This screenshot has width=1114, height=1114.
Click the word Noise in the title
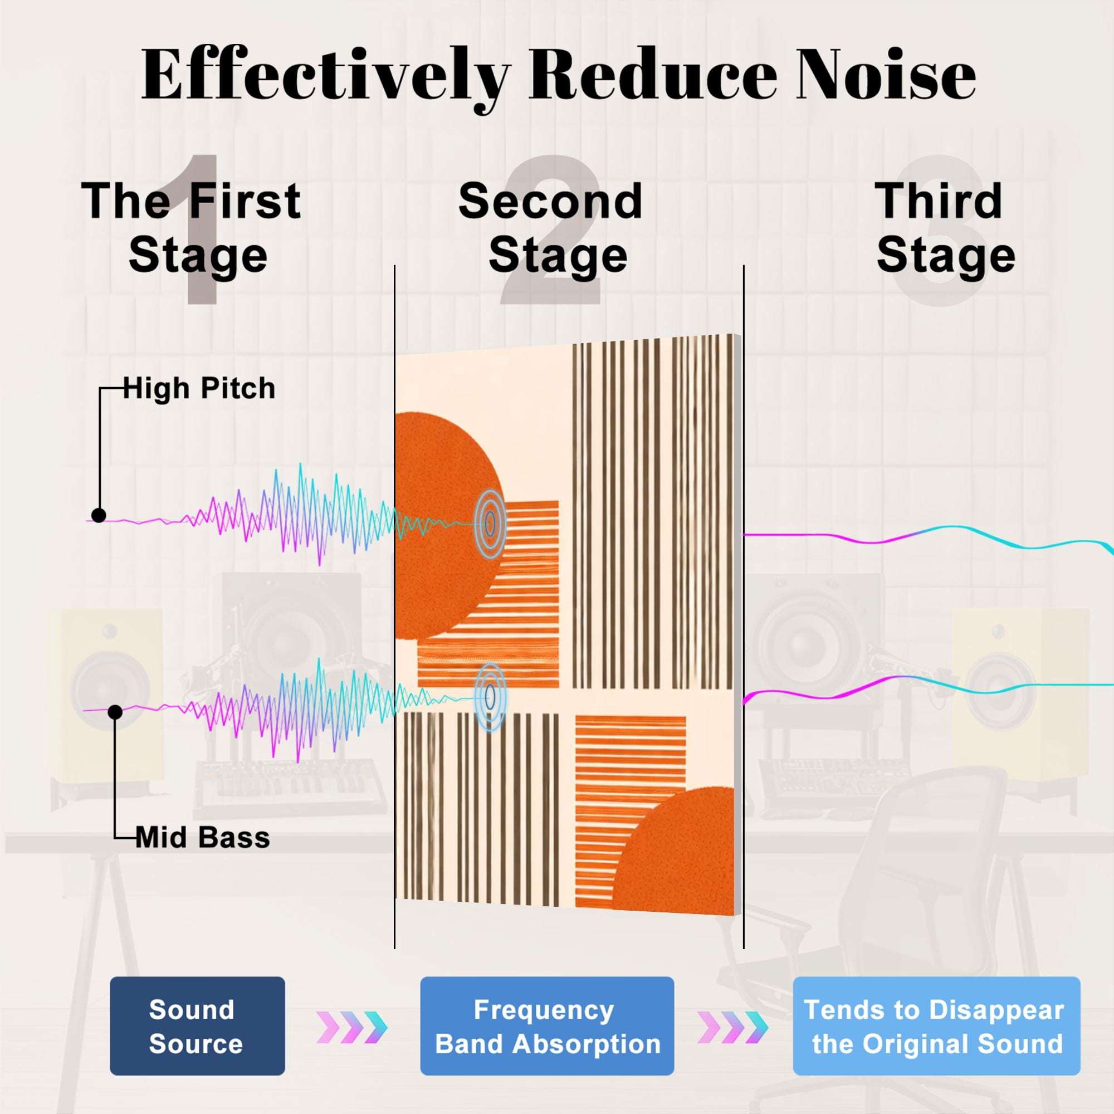pos(886,76)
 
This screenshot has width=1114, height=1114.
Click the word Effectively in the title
pos(326,78)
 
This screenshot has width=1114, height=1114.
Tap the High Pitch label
pos(199,388)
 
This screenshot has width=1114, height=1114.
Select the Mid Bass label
pos(202,838)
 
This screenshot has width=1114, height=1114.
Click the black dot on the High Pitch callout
pos(99,515)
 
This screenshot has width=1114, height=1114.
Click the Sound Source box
pos(197,1026)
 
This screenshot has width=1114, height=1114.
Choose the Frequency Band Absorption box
pos(546,1026)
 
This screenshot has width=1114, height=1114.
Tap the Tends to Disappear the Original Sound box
pos(936,1026)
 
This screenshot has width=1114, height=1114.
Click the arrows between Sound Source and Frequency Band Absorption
pos(351,1028)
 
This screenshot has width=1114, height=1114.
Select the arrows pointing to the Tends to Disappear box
pos(733,1028)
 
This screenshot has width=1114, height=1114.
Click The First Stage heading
pos(192,228)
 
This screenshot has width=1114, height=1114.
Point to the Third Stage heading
pos(945,228)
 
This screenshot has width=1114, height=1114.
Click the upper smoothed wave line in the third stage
pos(929,536)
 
